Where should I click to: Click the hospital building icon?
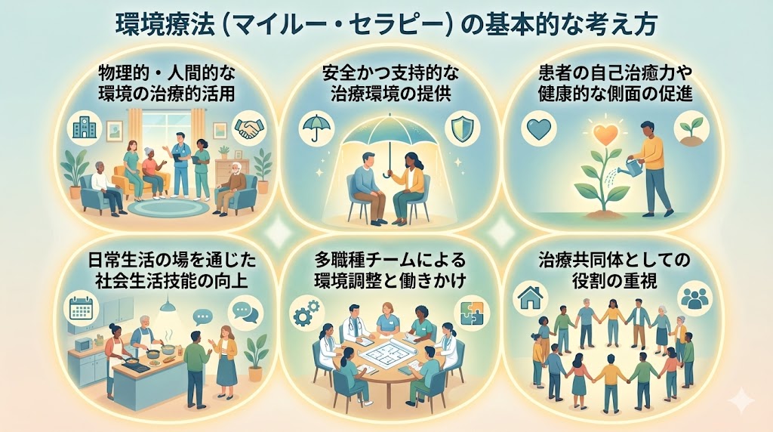tap(81, 127)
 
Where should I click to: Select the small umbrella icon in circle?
tap(312, 127)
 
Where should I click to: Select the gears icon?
tap(305, 311)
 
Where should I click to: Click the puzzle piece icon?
tap(467, 311)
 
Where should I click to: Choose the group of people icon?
tap(694, 298)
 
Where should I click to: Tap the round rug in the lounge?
tap(162, 205)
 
